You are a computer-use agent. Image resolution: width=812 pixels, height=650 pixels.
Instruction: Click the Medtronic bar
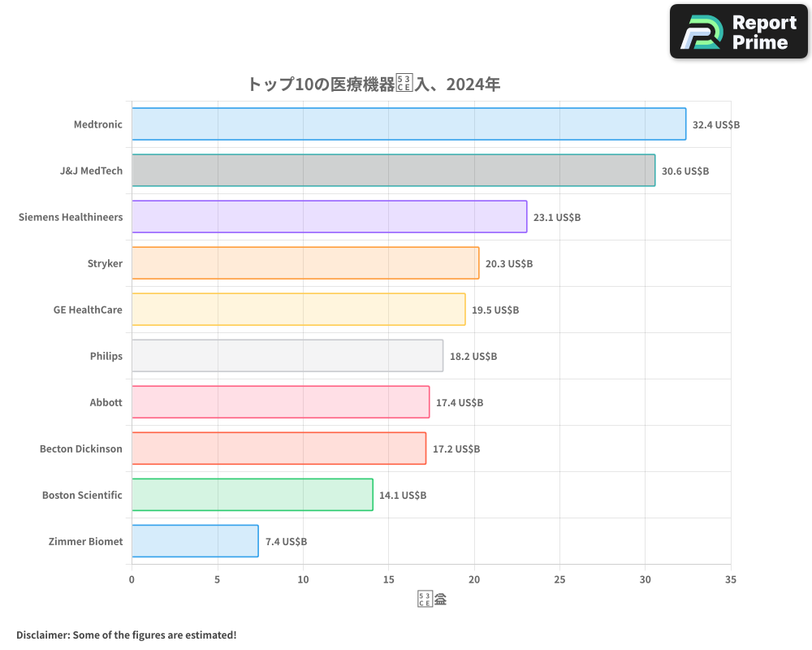(408, 124)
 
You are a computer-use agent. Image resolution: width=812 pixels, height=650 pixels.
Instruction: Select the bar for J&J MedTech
(393, 171)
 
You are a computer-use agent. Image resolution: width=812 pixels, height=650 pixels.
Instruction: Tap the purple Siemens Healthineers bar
(329, 217)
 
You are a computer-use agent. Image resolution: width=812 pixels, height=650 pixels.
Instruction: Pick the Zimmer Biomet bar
(195, 541)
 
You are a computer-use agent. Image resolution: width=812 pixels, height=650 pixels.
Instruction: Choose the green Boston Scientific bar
(252, 495)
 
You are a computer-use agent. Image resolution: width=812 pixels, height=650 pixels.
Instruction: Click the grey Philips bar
(287, 356)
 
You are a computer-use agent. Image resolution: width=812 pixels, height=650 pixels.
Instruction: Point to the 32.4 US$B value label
(716, 125)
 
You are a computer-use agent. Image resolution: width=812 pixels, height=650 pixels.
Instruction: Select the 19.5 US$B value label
(495, 310)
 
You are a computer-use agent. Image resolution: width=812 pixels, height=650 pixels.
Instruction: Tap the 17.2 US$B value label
(456, 449)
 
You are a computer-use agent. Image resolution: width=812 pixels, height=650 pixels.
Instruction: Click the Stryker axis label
(105, 263)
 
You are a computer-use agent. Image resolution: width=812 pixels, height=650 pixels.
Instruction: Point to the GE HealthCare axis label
(88, 310)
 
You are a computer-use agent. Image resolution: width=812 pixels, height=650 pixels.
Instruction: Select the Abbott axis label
(106, 402)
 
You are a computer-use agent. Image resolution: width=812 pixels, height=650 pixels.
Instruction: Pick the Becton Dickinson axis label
(81, 448)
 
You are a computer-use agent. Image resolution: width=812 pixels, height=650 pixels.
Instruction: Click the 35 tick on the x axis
(731, 580)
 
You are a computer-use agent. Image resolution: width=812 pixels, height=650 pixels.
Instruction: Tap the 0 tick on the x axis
(132, 580)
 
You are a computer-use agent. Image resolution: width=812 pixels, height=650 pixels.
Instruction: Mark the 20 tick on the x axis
(474, 580)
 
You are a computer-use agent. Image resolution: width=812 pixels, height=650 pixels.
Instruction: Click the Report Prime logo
(739, 32)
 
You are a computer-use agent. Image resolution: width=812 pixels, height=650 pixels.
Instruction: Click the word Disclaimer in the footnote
(43, 635)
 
